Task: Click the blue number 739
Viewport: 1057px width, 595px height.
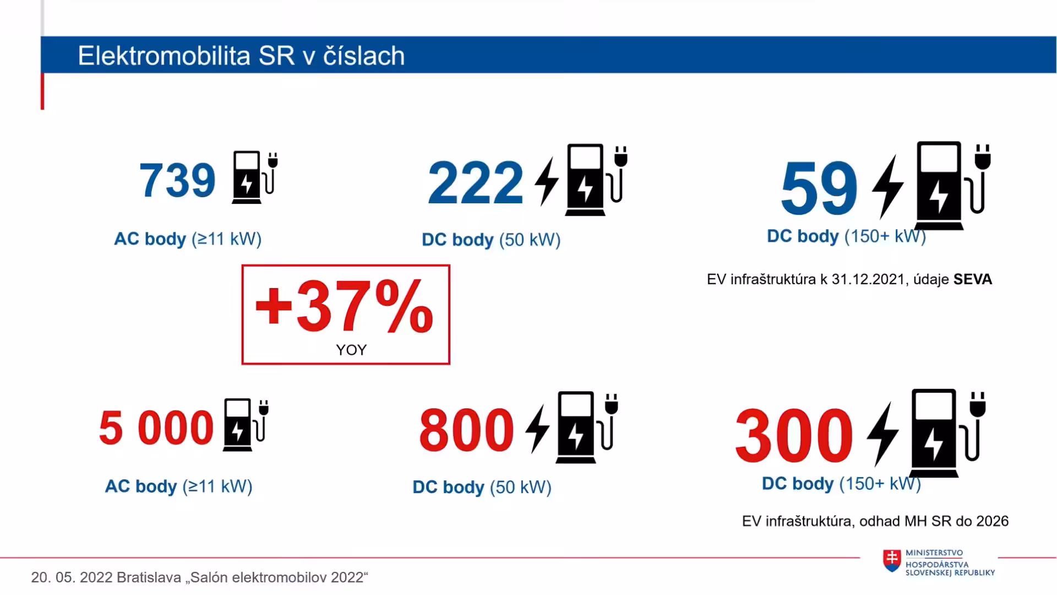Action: (x=177, y=180)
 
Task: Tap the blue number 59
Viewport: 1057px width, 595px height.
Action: (x=819, y=188)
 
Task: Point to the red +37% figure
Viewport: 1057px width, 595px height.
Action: (x=344, y=306)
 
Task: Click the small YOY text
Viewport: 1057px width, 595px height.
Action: (x=351, y=350)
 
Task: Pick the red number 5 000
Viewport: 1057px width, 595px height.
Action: (x=156, y=428)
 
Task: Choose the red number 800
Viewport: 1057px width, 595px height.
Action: (x=466, y=430)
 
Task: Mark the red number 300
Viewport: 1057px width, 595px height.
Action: (x=794, y=435)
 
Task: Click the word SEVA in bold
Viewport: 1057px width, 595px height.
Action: (x=973, y=279)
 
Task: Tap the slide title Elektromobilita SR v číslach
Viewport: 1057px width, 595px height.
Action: (x=241, y=56)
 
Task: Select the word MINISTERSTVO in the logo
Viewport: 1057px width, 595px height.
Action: (x=934, y=553)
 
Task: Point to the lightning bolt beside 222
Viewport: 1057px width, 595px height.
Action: (x=547, y=181)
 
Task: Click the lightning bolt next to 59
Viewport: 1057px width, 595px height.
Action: (x=887, y=187)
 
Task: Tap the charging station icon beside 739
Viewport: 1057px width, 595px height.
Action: (x=255, y=177)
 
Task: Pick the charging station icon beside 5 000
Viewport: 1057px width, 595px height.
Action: (x=246, y=424)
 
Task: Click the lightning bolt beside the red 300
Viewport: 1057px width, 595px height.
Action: (x=882, y=434)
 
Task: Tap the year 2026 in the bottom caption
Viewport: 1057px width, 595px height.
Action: (x=992, y=521)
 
